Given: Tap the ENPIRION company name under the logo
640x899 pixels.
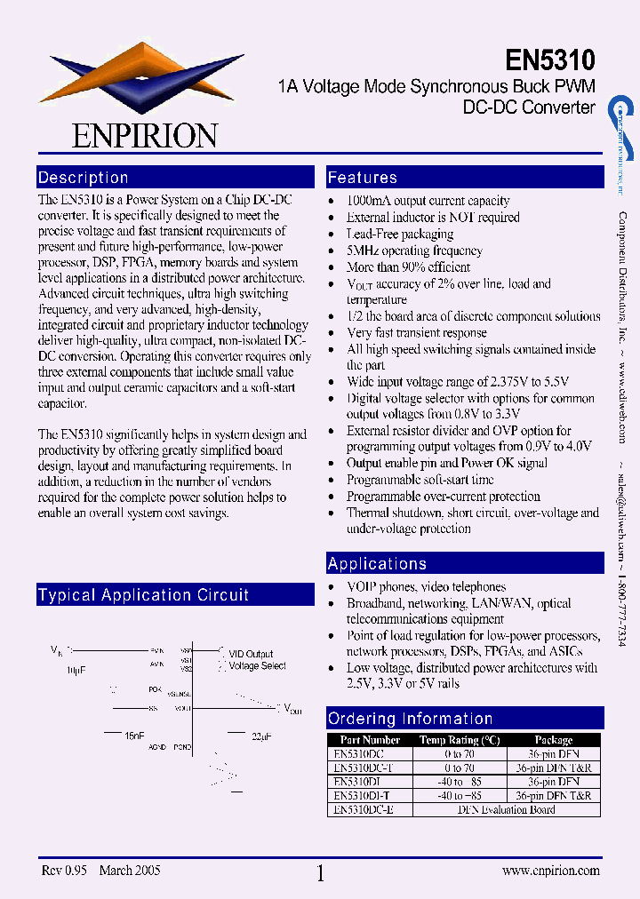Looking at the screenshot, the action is [x=145, y=135].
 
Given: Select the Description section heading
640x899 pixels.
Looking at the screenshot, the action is [x=84, y=178].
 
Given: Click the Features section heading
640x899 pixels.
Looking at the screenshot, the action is [x=363, y=178].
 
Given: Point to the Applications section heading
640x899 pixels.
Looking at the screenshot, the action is [x=377, y=564].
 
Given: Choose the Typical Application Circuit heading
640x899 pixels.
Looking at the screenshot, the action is [x=143, y=595].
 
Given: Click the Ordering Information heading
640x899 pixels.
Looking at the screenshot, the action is [x=410, y=719].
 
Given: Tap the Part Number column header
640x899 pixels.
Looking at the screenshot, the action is [x=370, y=740].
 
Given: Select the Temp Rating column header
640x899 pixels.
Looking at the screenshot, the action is [x=460, y=740].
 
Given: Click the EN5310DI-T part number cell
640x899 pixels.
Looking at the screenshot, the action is [x=364, y=796].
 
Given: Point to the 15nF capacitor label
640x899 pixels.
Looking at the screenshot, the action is [x=134, y=736].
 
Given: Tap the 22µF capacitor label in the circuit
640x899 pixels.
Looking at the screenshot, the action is [x=261, y=736].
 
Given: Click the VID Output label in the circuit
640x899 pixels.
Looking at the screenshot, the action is [x=251, y=654].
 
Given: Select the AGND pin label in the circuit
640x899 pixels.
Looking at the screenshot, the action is [x=157, y=747].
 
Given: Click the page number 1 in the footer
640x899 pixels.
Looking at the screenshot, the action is [x=320, y=873].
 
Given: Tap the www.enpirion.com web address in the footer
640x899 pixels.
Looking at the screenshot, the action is [x=550, y=871].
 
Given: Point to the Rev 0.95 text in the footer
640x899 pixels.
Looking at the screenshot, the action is [x=64, y=871].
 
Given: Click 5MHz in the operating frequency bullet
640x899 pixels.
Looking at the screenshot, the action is [x=362, y=251].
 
